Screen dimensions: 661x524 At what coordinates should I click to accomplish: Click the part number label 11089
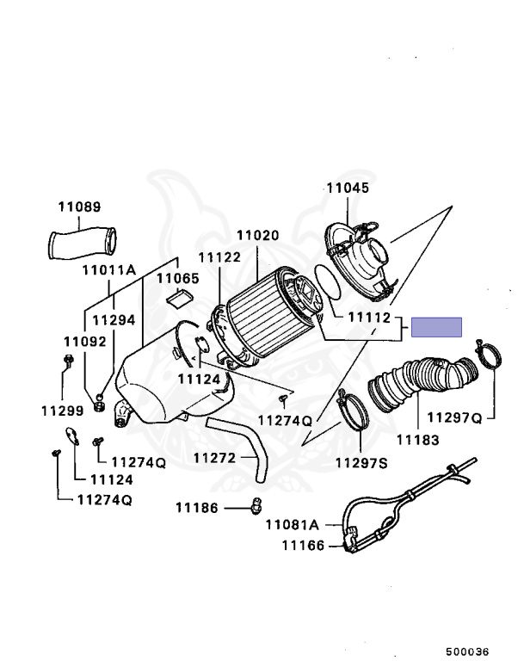(79, 207)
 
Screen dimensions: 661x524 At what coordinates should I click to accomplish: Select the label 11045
(347, 188)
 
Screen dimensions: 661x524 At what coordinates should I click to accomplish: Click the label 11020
(257, 234)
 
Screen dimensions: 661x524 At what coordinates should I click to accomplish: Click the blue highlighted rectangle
(436, 327)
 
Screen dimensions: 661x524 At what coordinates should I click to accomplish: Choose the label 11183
(417, 440)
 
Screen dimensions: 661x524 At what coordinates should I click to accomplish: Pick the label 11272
(213, 458)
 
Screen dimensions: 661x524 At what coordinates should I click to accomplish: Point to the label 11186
(197, 507)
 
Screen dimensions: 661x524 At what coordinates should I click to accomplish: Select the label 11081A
(292, 524)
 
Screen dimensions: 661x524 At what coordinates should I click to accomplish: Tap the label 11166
(301, 545)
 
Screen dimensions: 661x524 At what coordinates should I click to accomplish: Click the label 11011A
(109, 269)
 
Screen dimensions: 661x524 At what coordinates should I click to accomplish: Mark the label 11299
(61, 411)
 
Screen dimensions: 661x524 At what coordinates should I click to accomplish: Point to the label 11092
(84, 341)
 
